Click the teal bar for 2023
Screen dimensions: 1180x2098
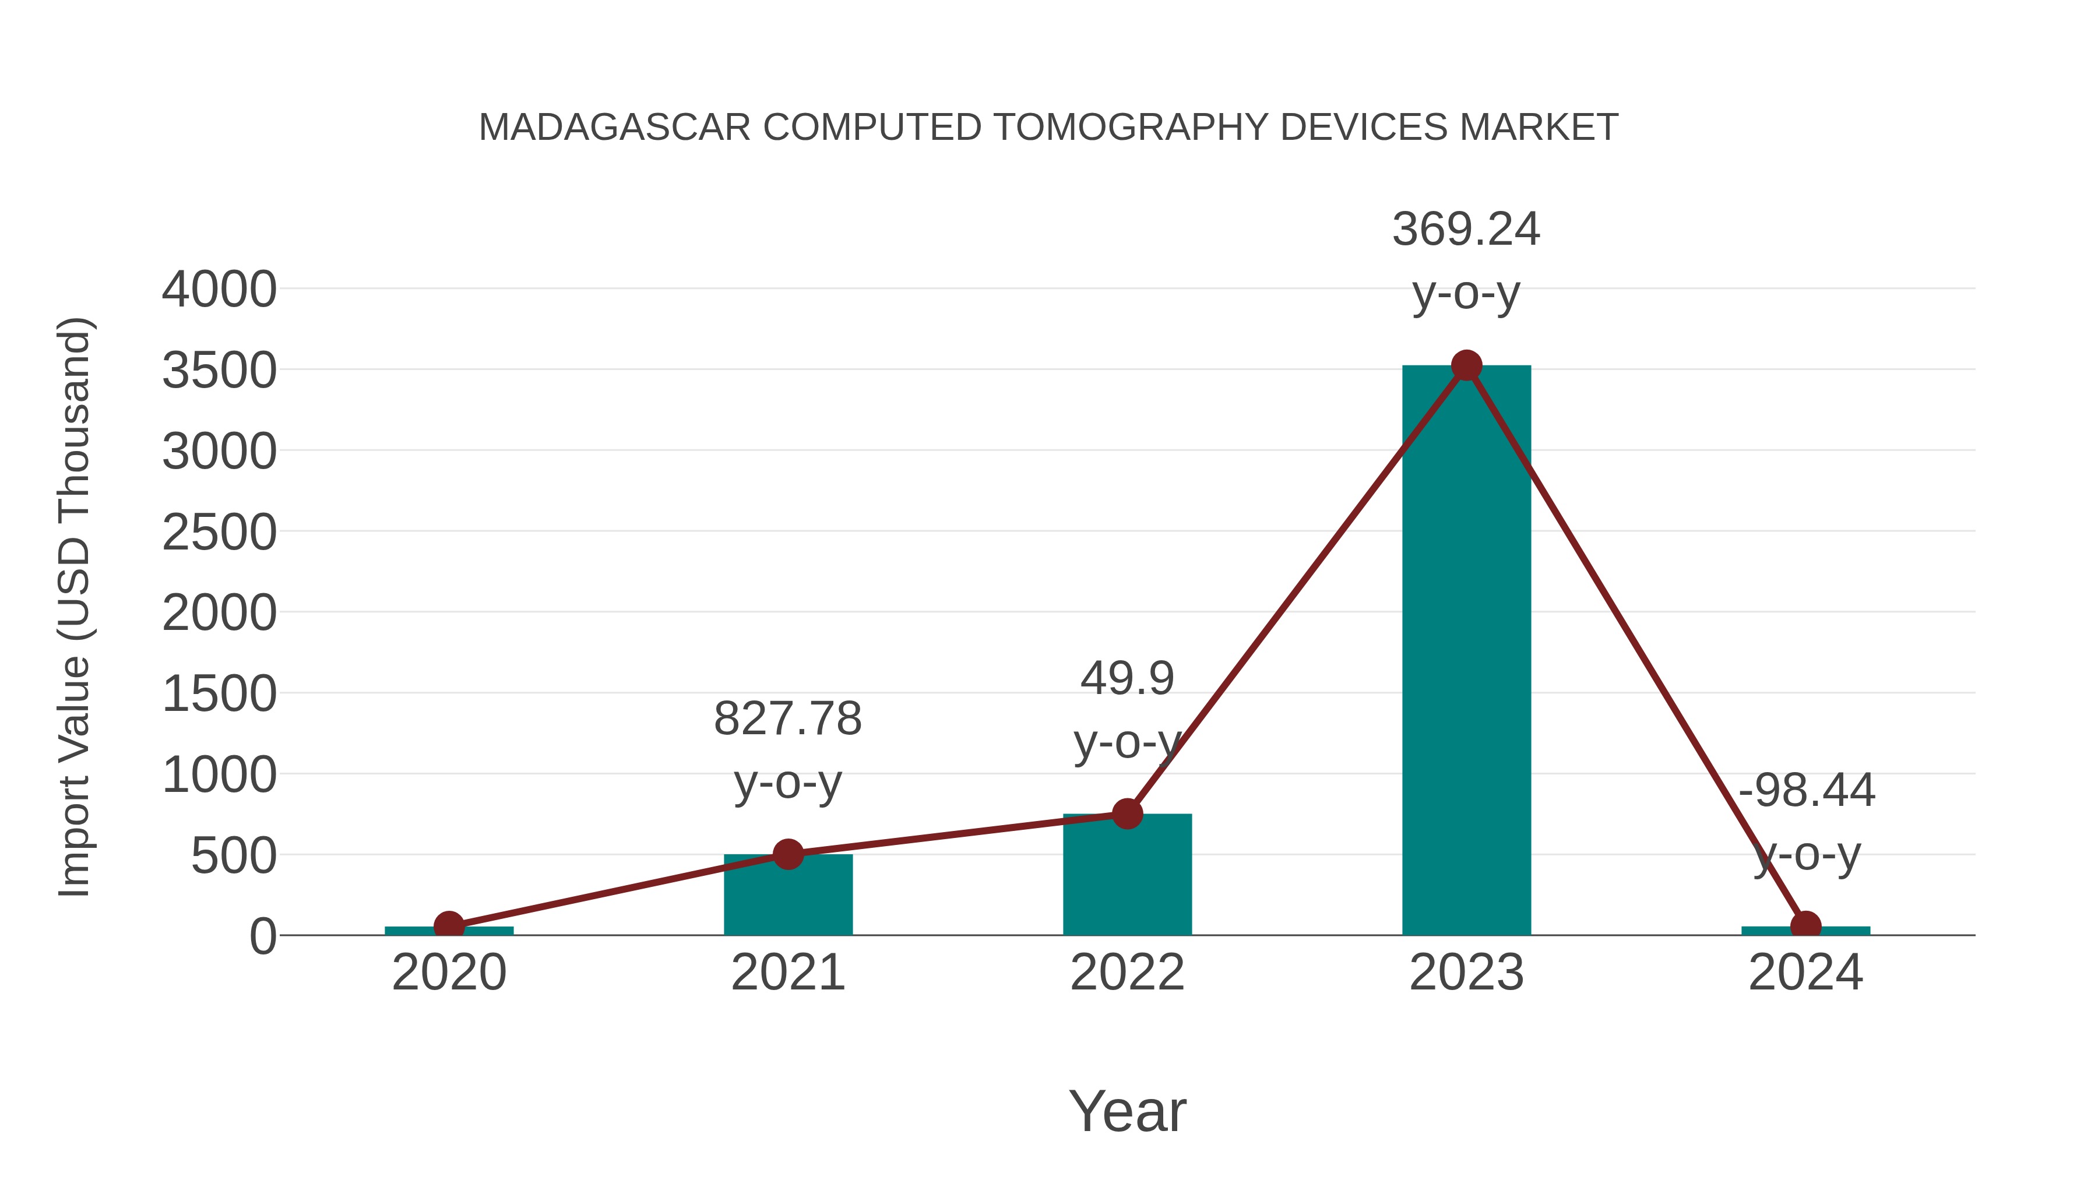coord(1466,651)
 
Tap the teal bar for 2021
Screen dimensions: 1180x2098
coord(787,896)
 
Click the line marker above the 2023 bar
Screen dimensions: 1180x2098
coord(1466,365)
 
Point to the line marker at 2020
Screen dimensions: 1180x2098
coord(449,925)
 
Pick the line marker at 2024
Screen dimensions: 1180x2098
coord(1805,925)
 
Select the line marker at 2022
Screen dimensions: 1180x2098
coord(1127,813)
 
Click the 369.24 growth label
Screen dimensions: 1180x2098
coord(1466,230)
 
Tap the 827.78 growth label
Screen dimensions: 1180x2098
coord(787,719)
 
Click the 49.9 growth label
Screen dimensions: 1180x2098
coord(1127,679)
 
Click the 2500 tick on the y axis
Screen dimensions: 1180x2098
coord(219,533)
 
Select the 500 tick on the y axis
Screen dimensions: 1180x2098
coord(233,856)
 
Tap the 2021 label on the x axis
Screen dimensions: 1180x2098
coord(787,973)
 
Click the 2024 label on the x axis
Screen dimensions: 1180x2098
coord(1805,973)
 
